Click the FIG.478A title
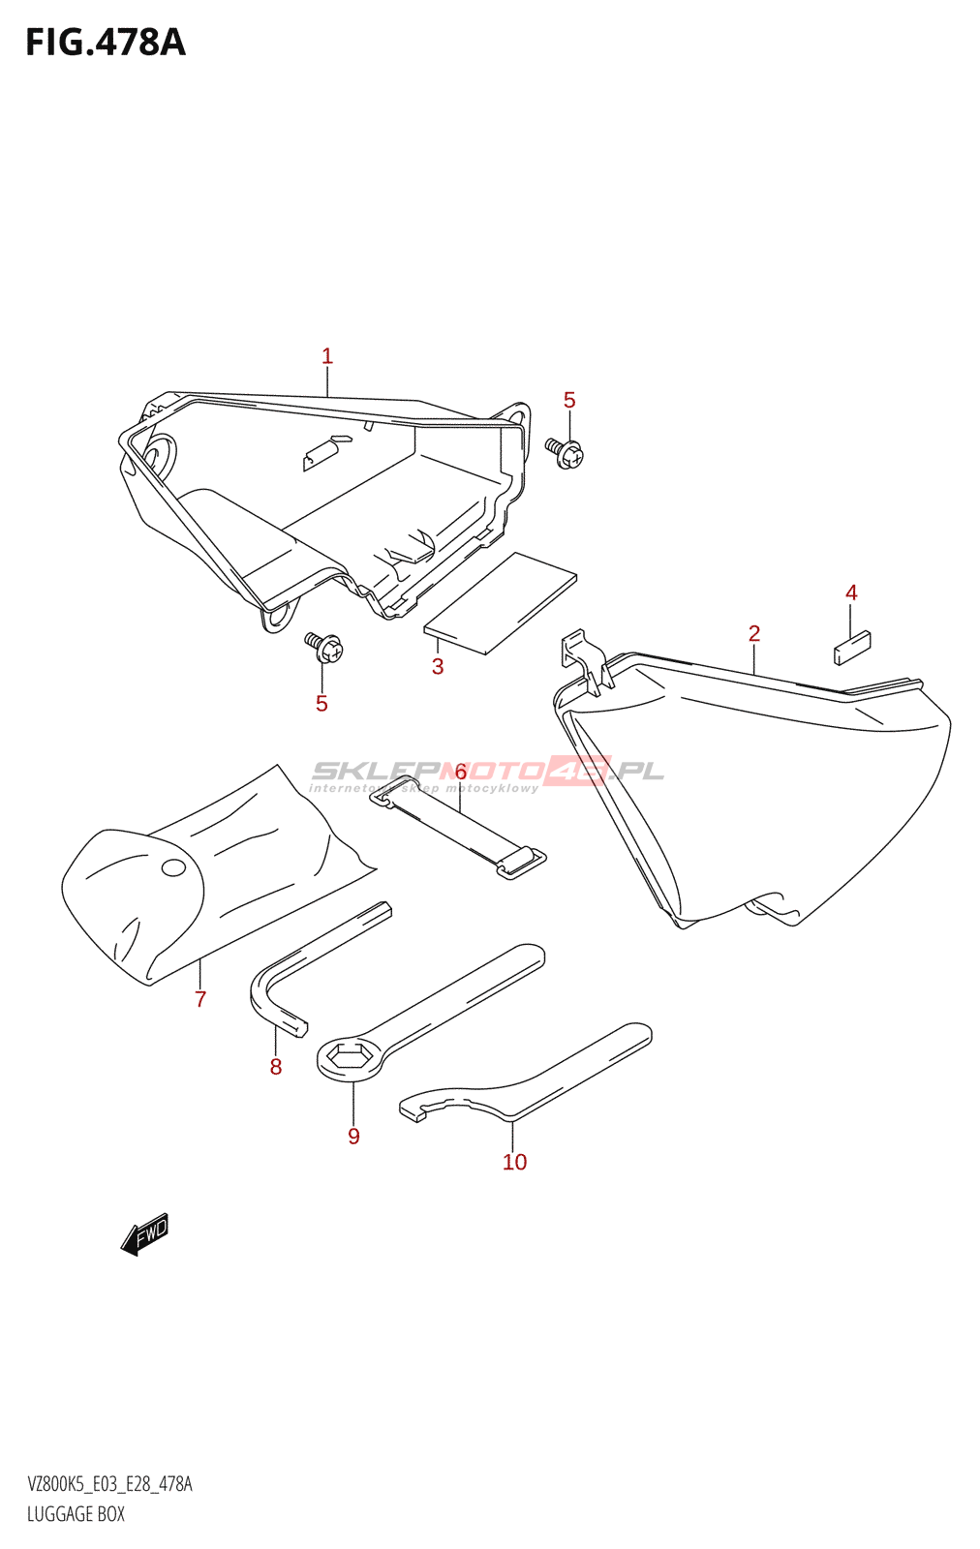tap(105, 43)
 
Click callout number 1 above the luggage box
tap(327, 356)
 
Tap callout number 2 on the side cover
tap(754, 633)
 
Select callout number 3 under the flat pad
tap(438, 666)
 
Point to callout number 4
tap(851, 592)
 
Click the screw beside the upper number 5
tap(565, 452)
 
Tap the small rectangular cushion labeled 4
tap(853, 647)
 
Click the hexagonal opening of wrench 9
tap(349, 1055)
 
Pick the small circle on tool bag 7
tap(173, 867)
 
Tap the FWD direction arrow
tap(144, 1234)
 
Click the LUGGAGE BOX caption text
tap(76, 1514)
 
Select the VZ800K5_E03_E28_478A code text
tap(109, 1484)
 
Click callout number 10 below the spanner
tap(514, 1162)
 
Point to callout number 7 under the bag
tap(200, 999)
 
